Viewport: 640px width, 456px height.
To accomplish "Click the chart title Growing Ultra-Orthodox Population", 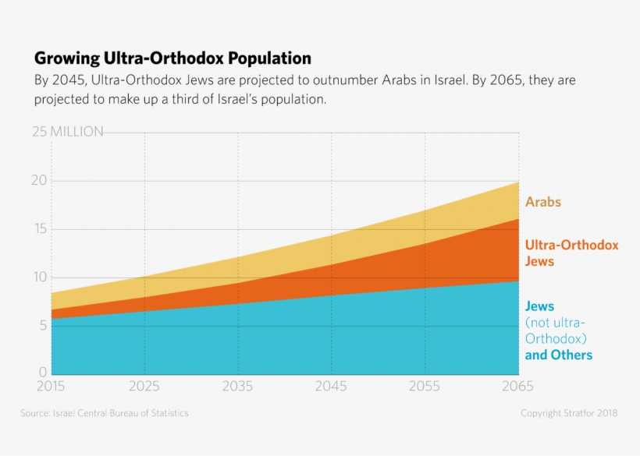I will click(x=172, y=58).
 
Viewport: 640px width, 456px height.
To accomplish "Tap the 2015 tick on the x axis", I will click(x=52, y=386).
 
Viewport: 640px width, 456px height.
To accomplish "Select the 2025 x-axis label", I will click(x=144, y=386).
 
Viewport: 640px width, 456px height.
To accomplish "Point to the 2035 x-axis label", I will click(x=237, y=386).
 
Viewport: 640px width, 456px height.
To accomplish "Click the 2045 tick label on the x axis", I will click(x=331, y=386).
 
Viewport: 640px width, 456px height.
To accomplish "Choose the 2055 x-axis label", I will click(x=425, y=386).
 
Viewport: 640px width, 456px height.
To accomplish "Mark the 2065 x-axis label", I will click(x=517, y=386).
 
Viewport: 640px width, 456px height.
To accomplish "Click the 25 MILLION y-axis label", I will click(x=68, y=132).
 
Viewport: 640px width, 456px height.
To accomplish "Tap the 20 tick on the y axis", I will click(x=40, y=180).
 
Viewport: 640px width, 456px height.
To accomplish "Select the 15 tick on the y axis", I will click(x=40, y=229).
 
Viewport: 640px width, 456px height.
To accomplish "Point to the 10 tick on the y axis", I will click(x=40, y=277).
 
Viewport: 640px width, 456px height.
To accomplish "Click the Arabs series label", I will click(x=542, y=202).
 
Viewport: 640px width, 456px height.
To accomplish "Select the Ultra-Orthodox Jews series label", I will click(x=571, y=253).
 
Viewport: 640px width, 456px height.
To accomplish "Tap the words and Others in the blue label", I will click(x=559, y=355).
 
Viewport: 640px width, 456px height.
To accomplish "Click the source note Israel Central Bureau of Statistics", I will click(x=104, y=413).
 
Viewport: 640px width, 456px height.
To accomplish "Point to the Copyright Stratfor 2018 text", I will click(x=569, y=413).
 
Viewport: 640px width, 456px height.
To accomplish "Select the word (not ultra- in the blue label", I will click(x=555, y=323).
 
